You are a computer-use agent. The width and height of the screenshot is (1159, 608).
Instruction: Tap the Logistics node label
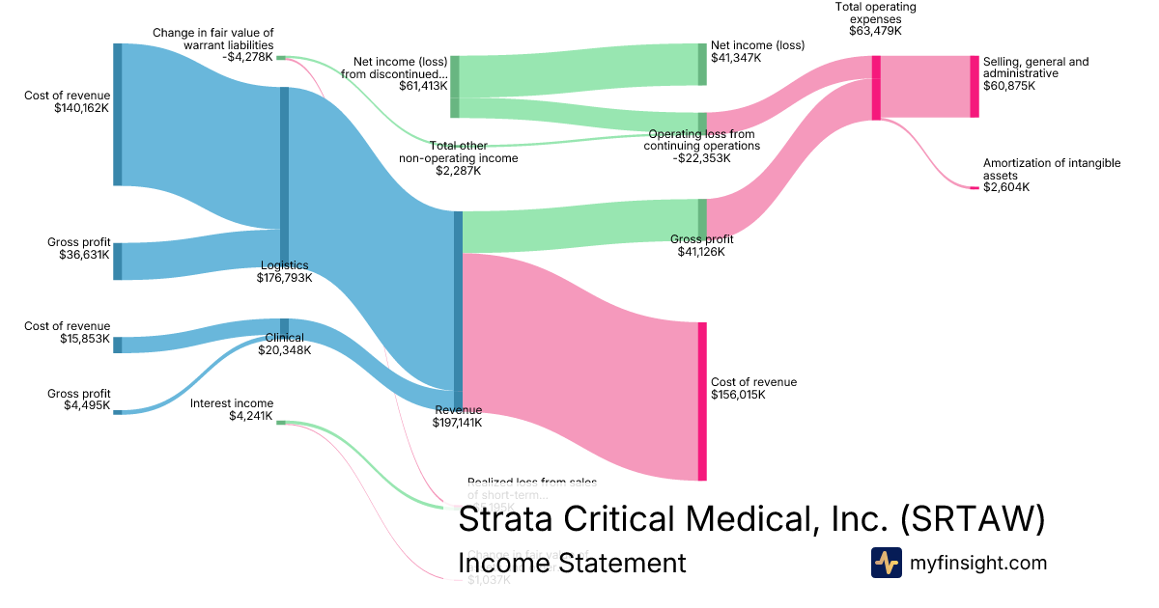click(x=284, y=265)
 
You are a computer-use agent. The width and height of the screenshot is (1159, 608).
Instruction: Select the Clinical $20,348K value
click(x=284, y=350)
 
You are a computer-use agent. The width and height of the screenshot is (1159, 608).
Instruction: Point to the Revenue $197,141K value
click(x=458, y=422)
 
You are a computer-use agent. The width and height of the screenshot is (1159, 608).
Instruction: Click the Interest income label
click(x=232, y=403)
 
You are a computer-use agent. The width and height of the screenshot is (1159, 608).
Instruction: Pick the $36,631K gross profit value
click(x=81, y=255)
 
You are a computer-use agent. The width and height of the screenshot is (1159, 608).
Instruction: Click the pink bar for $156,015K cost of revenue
click(x=702, y=401)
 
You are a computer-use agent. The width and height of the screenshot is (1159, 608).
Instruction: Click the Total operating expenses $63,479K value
click(x=875, y=31)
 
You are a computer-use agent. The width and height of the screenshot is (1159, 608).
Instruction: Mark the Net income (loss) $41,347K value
click(x=736, y=58)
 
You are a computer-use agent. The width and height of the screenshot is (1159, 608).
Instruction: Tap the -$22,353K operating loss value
click(x=701, y=158)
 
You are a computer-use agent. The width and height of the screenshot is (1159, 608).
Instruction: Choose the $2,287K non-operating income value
click(x=458, y=171)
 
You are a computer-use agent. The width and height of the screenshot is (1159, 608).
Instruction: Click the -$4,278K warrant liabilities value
click(x=247, y=58)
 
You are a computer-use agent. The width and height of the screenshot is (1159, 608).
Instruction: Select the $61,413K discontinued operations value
click(x=423, y=86)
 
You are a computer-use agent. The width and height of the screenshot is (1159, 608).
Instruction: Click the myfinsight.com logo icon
click(x=886, y=563)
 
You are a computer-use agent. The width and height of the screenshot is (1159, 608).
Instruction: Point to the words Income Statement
click(x=572, y=563)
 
